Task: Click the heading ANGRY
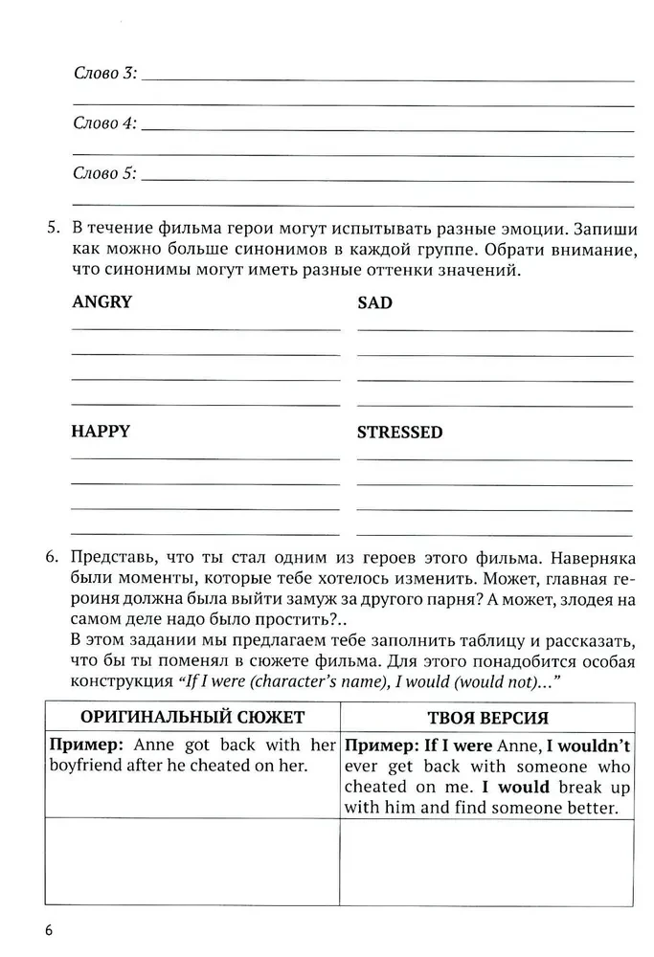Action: coord(101,302)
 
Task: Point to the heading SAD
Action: coord(374,303)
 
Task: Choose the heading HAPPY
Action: coord(101,431)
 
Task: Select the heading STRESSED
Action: coord(399,432)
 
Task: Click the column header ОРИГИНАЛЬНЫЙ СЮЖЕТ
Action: coord(192,717)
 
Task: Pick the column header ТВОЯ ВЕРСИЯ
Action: coord(488,718)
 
